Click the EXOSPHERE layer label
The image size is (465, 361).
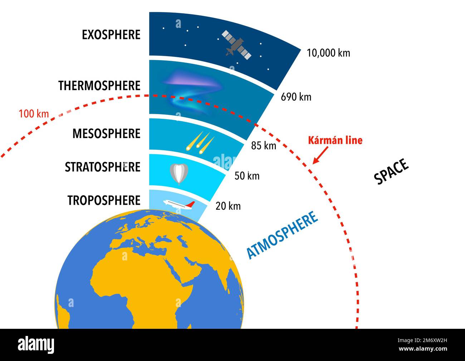[111, 35]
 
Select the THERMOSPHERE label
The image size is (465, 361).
[99, 86]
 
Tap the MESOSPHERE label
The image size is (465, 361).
[106, 134]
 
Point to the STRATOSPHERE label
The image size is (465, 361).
[102, 167]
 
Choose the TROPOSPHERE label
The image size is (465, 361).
[104, 200]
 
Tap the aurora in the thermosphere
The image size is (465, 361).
[191, 89]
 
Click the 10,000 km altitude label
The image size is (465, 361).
[328, 53]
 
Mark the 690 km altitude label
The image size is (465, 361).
[296, 97]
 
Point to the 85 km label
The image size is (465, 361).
[264, 145]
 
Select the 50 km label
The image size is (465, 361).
[247, 176]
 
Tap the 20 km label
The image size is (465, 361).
[228, 206]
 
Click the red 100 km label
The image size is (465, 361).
[34, 114]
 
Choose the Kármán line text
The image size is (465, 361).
[335, 140]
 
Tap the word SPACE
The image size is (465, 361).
[391, 172]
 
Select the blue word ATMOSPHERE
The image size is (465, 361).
[282, 235]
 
